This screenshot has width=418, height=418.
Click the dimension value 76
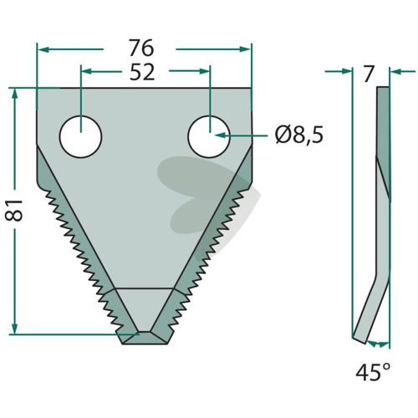pos(141,48)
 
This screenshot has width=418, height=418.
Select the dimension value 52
pos(142,72)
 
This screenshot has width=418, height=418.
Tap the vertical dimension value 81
pos(14,211)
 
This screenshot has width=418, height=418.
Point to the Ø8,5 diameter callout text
pos(299,135)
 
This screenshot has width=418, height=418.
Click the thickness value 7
pos(368,74)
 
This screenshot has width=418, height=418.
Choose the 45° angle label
pos(373,372)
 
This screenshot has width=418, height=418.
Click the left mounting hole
pos(81,136)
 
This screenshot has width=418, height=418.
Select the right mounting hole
pos(209,136)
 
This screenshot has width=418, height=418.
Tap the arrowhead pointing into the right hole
pos(220,135)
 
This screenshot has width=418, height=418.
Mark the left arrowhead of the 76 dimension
pos(43,49)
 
